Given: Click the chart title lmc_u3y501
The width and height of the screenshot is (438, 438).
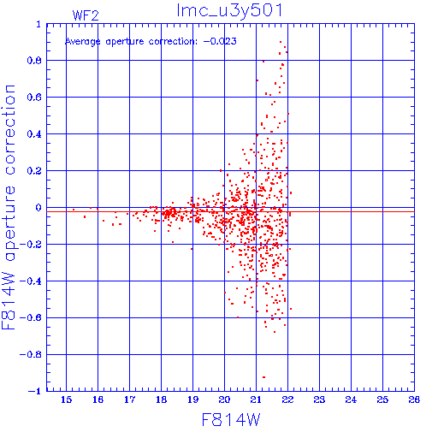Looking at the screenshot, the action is point(229,11).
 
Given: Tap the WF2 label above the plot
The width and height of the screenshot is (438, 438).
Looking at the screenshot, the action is point(86,15).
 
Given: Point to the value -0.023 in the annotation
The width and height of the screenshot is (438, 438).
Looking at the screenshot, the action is point(220,41).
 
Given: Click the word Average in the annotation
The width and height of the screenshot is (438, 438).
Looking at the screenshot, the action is point(83,42).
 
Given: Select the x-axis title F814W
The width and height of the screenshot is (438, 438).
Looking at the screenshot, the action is point(231,419).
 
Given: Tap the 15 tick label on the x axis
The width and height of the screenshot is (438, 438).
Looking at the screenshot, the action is point(66,400).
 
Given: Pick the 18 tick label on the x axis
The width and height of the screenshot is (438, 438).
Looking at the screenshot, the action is point(161,400).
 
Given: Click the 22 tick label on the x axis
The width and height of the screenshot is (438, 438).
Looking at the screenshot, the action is point(287,400).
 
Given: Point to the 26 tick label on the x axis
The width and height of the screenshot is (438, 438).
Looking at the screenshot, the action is point(414,400).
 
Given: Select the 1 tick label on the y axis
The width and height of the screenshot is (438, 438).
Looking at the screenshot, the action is point(38,24).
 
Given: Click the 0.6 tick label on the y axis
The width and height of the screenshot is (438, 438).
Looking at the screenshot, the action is point(34,98).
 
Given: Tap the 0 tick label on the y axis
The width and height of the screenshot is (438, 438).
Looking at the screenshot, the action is point(38,208).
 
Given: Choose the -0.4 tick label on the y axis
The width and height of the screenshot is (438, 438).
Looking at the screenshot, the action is point(31,281).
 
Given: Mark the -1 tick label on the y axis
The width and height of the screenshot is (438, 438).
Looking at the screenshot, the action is point(35,391).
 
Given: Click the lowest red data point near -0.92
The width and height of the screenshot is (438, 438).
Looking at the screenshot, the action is point(263,377).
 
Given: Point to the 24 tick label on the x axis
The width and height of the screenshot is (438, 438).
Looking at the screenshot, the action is point(351,400).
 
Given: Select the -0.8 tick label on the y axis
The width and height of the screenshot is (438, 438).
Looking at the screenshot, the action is point(31,355).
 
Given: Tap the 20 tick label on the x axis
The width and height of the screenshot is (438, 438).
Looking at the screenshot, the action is point(224,400).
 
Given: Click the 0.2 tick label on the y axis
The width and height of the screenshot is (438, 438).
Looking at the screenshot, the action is point(34,171).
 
